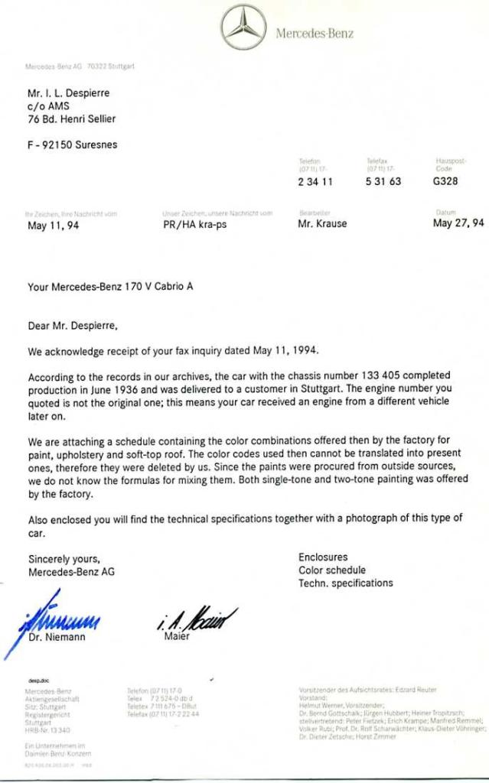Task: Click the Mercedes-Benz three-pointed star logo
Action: (x=243, y=28)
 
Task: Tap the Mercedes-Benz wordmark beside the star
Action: (x=315, y=33)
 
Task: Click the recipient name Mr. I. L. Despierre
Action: (x=69, y=93)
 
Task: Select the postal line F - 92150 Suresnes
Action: (x=73, y=145)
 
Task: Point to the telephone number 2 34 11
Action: (x=315, y=182)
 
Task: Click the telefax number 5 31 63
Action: (x=383, y=182)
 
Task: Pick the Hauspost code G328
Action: (x=445, y=182)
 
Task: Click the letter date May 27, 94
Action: (x=458, y=223)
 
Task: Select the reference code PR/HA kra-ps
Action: (x=194, y=224)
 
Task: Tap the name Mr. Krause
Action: (x=322, y=224)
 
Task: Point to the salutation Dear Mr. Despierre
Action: (x=73, y=326)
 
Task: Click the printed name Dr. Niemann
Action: (x=57, y=636)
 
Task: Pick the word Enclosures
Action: (x=323, y=557)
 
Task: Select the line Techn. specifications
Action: (x=345, y=583)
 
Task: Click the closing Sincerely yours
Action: (x=64, y=558)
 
